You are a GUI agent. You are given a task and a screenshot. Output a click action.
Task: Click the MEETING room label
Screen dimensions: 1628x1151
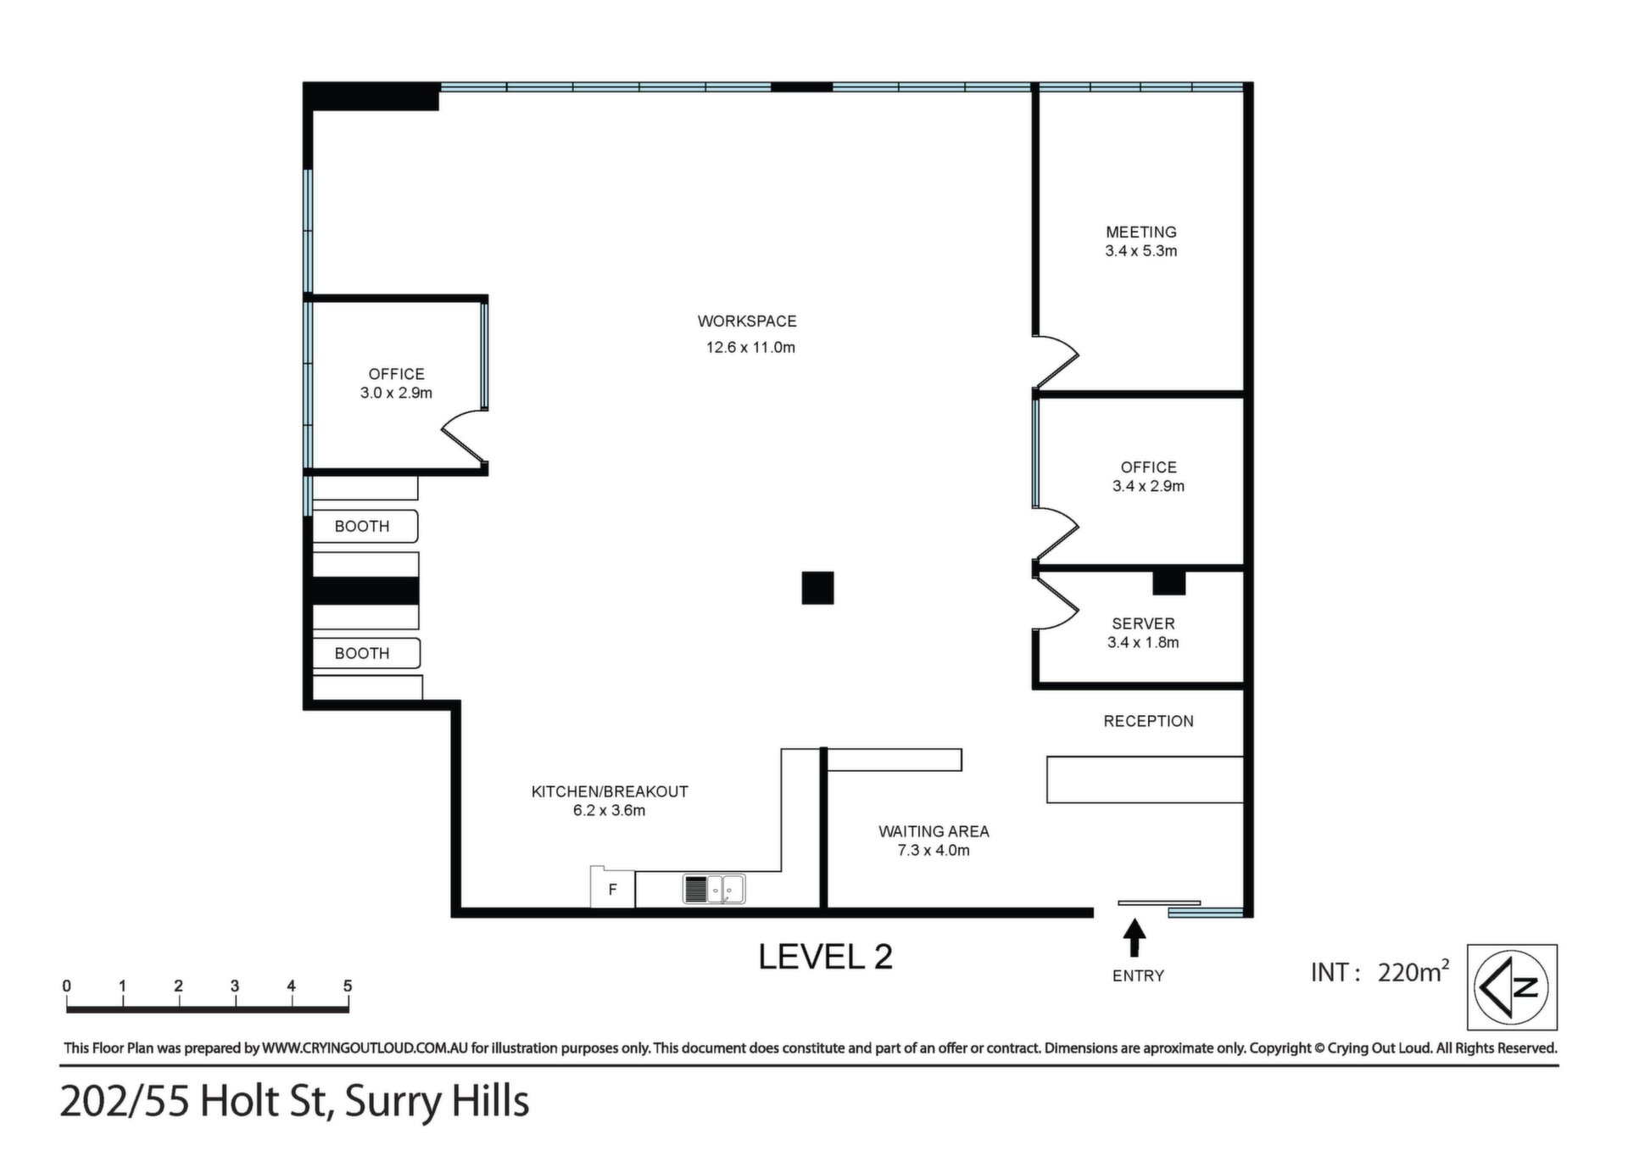click(1140, 232)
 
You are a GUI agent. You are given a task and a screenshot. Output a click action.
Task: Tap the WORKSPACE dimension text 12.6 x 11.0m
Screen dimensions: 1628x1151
click(750, 347)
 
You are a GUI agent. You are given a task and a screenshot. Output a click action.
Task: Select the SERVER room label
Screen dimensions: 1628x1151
click(1143, 623)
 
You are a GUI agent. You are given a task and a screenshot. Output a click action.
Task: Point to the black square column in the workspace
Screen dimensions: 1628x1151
click(817, 588)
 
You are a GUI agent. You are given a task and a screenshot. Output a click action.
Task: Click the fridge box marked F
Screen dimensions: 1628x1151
click(612, 888)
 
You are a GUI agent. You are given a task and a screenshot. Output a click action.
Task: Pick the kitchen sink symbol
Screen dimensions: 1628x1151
click(714, 889)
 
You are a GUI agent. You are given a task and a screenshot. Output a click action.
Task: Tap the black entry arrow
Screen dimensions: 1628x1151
click(1135, 939)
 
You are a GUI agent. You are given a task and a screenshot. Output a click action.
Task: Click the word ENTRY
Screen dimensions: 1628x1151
click(1138, 976)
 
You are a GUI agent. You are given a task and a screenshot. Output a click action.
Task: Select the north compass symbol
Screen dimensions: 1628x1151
click(1512, 987)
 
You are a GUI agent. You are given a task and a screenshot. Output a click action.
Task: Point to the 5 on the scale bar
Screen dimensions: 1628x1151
click(348, 986)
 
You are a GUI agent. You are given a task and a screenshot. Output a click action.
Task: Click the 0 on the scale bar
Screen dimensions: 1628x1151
click(67, 986)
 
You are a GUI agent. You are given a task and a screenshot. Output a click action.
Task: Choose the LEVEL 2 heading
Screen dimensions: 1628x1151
click(825, 957)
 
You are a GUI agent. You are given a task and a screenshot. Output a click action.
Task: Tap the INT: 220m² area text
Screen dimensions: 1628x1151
click(1380, 971)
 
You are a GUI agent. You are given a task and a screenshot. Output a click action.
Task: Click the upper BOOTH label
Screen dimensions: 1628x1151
click(362, 526)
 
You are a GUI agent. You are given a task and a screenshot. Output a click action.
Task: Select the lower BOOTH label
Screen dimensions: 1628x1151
click(362, 653)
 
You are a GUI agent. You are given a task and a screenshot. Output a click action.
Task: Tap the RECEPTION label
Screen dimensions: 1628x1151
click(1148, 721)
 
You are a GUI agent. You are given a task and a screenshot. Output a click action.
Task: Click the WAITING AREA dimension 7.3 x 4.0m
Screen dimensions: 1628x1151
click(934, 850)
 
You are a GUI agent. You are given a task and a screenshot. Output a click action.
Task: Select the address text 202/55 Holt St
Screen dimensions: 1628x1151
click(193, 1102)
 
